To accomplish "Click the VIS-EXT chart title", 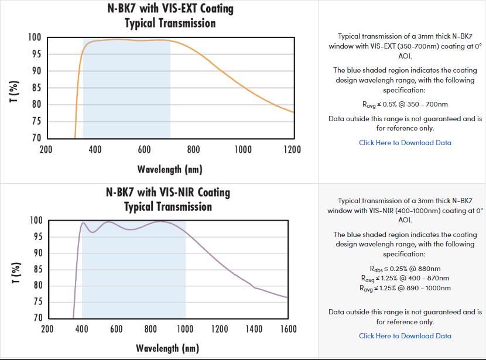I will click(x=170, y=16).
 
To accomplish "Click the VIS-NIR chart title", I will click(x=168, y=199).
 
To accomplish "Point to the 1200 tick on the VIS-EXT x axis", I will click(x=292, y=150).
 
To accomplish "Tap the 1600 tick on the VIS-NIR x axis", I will click(x=288, y=329).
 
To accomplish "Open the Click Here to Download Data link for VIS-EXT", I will click(x=405, y=143).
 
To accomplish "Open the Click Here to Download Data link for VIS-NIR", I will click(x=405, y=336).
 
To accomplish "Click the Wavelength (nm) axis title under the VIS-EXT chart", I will click(x=170, y=170).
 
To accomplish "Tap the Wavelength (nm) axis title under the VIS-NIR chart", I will click(x=167, y=348).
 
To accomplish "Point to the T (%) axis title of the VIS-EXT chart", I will click(x=13, y=95).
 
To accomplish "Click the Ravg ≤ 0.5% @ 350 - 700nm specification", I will click(x=405, y=105).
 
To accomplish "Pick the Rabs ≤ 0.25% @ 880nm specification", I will click(x=405, y=269).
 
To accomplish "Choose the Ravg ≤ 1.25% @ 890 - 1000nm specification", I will click(x=405, y=288).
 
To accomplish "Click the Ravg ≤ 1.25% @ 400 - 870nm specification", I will click(x=405, y=279).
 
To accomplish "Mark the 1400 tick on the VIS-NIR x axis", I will click(x=254, y=329).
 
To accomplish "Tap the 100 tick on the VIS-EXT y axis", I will click(x=35, y=38).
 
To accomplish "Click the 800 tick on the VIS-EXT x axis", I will click(x=194, y=150).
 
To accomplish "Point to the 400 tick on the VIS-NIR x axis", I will click(x=82, y=329).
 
